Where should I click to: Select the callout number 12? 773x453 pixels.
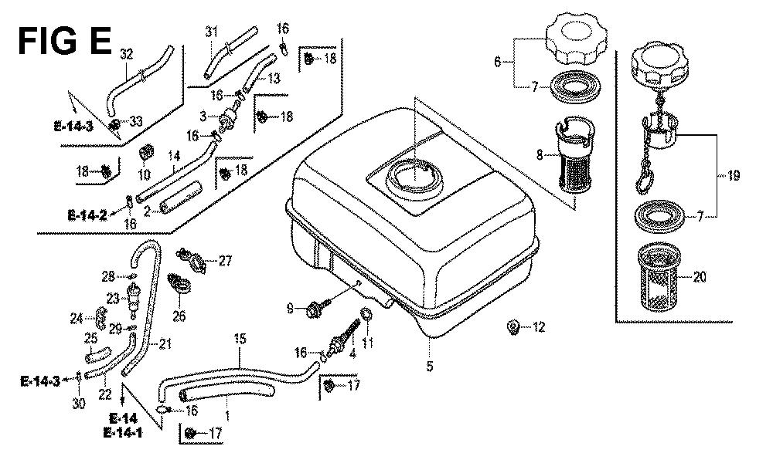[x=539, y=328]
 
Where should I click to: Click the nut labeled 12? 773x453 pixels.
[x=512, y=327]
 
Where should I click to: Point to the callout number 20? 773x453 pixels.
[x=699, y=279]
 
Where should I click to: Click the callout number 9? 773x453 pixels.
[x=291, y=309]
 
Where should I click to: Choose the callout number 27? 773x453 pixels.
[x=224, y=261]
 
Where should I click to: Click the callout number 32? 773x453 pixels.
[x=126, y=54]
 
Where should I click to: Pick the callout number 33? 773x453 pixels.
[x=137, y=121]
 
